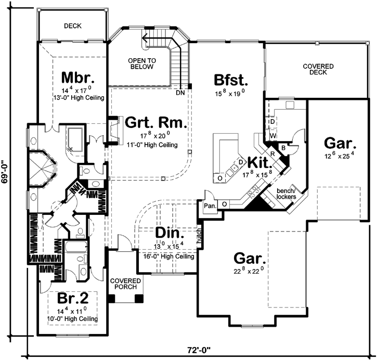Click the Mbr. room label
tap(77, 78)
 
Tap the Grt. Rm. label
tap(155, 123)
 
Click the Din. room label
tap(166, 232)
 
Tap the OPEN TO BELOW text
tap(141, 63)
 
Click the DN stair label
tap(180, 93)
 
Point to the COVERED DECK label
tap(319, 70)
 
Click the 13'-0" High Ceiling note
tap(78, 97)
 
